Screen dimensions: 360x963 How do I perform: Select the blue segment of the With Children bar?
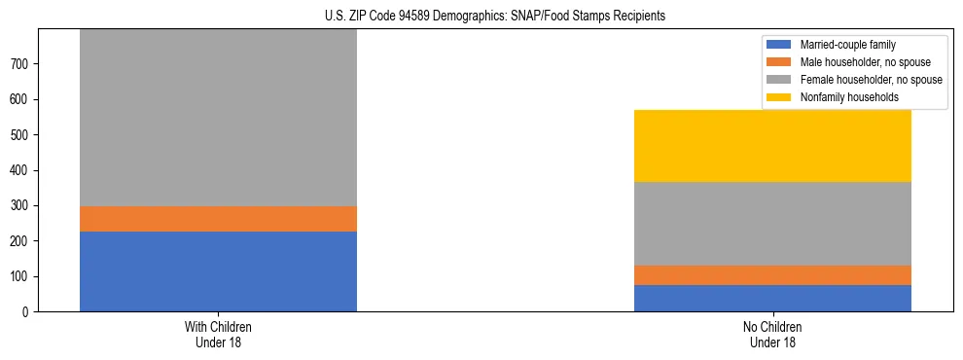point(218,270)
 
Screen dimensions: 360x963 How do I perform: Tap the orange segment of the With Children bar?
point(218,219)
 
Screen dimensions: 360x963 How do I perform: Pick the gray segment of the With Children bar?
point(218,118)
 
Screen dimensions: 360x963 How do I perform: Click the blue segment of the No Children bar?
point(772,298)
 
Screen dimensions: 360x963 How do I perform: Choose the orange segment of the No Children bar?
point(772,275)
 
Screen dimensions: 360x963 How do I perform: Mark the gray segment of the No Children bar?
point(772,224)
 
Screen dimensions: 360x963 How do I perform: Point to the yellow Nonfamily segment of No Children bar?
point(772,146)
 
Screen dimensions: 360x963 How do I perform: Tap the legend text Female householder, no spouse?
point(871,80)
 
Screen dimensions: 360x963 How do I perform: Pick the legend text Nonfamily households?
point(848,97)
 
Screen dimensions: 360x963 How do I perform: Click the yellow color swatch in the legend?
point(779,97)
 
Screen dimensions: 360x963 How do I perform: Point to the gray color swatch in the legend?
point(779,80)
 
